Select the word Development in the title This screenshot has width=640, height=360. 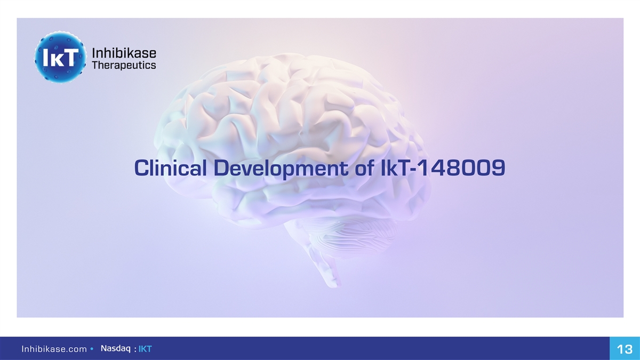coord(281,169)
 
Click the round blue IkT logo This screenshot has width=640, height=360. coord(60,57)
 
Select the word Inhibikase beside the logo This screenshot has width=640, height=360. coord(124,53)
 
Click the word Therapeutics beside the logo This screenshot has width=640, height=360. coord(124,66)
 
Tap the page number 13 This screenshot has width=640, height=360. coord(625,349)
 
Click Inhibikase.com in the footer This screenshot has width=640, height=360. coord(54,349)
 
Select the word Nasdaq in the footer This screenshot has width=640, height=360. coord(116,349)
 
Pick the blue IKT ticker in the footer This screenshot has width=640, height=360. coord(145,349)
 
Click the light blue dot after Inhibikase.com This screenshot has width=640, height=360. coord(92,349)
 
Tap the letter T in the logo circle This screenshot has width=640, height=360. coord(70,57)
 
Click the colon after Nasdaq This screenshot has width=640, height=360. coord(135,349)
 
